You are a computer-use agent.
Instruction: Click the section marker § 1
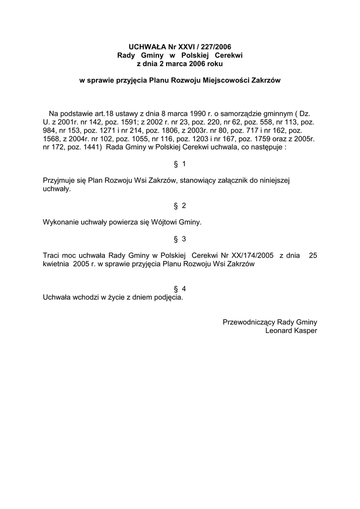(180, 164)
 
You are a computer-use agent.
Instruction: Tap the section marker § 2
(180, 206)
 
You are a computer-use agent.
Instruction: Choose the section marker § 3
(180, 239)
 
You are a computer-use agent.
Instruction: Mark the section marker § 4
(180, 289)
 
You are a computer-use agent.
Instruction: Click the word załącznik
(233, 181)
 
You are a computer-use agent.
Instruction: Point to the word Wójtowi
(171, 223)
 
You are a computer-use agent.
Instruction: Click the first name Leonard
(280, 331)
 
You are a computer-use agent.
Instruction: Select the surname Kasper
(306, 331)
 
